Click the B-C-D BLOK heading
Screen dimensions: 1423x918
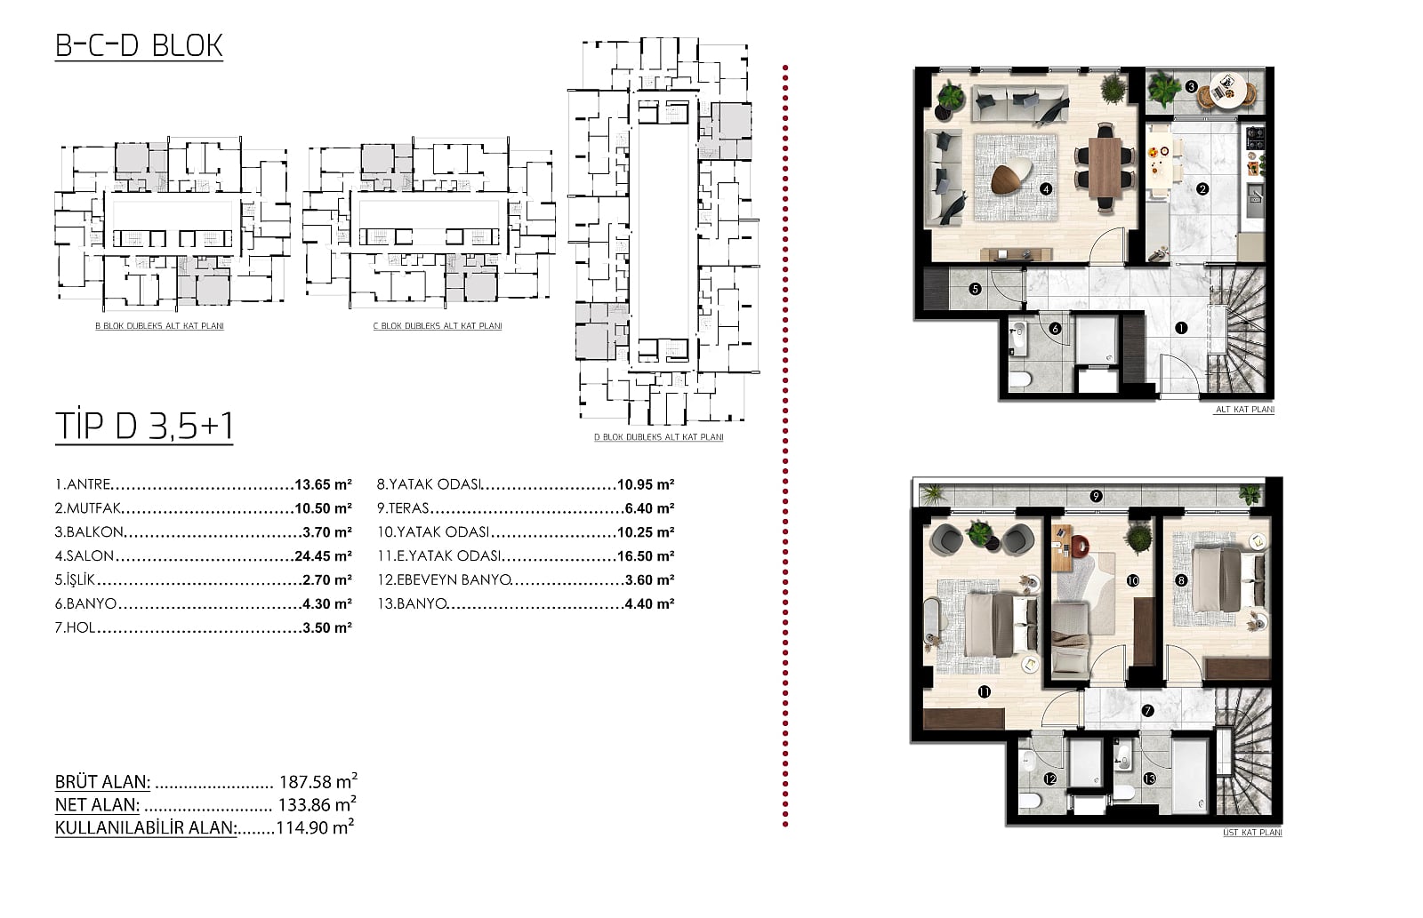(139, 45)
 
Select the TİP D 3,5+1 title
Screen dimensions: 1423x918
(144, 426)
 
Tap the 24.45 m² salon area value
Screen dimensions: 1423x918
(324, 556)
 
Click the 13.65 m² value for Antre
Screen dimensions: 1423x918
(324, 484)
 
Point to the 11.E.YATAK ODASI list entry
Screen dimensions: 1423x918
(439, 556)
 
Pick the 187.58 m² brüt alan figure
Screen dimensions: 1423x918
(318, 781)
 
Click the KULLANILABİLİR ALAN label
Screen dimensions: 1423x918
(146, 828)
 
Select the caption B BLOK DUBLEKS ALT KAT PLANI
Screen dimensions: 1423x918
(159, 326)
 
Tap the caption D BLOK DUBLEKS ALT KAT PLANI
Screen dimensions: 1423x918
(659, 436)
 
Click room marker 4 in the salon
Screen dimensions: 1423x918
(1046, 188)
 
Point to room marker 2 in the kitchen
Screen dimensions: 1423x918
(1202, 188)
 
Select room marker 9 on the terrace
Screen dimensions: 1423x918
(1096, 496)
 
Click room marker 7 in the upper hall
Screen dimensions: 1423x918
(1147, 711)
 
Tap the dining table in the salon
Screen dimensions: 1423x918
(1105, 167)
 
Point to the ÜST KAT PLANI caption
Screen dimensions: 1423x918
(1252, 833)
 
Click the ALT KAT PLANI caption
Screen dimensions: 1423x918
(1244, 410)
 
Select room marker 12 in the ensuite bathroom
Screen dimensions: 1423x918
(1049, 779)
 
